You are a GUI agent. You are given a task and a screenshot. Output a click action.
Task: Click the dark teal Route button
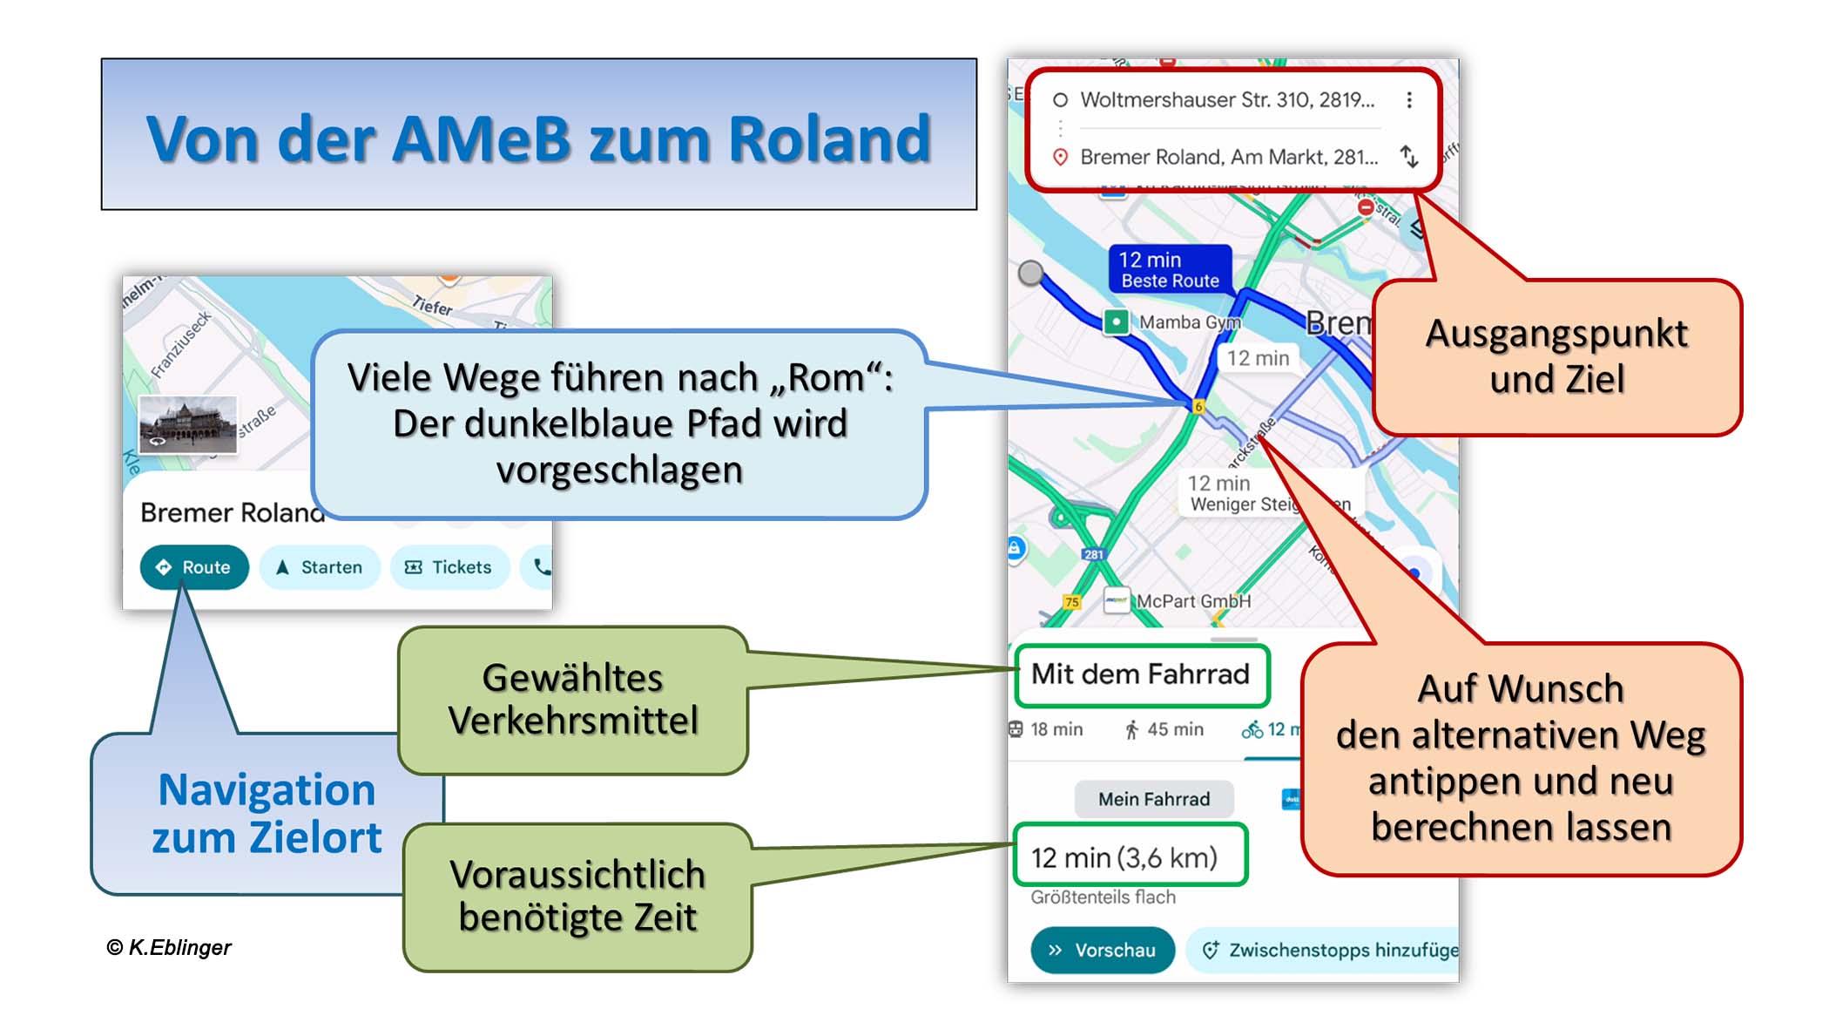pos(194,567)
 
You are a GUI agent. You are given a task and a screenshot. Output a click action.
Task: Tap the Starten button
pos(320,567)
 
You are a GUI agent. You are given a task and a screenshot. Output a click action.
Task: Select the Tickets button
pos(449,567)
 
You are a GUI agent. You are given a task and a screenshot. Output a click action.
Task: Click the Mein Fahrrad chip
pos(1153,799)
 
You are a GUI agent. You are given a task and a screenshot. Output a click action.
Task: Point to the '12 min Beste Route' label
pos(1169,269)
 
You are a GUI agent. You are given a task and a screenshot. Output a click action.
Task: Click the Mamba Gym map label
pos(1189,322)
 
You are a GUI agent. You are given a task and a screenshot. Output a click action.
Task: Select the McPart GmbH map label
pos(1192,601)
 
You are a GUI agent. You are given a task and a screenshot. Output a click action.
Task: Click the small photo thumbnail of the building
pos(188,424)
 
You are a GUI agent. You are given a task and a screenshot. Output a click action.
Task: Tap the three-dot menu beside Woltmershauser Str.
pos(1409,100)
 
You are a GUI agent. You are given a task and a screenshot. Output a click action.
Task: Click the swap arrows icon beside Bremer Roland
pos(1409,157)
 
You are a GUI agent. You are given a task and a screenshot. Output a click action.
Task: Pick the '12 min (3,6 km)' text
pos(1124,858)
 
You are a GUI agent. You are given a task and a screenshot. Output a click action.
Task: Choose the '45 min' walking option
pos(1164,729)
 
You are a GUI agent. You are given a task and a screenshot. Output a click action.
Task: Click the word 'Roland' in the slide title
pos(829,139)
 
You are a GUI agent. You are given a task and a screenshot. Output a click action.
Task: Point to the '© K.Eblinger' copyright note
pos(169,947)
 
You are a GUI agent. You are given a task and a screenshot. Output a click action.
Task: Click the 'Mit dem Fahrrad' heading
pos(1140,674)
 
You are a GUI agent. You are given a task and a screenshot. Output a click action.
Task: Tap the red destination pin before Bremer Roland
pos(1060,157)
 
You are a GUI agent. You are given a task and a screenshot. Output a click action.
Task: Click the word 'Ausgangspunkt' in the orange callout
pos(1556,334)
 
